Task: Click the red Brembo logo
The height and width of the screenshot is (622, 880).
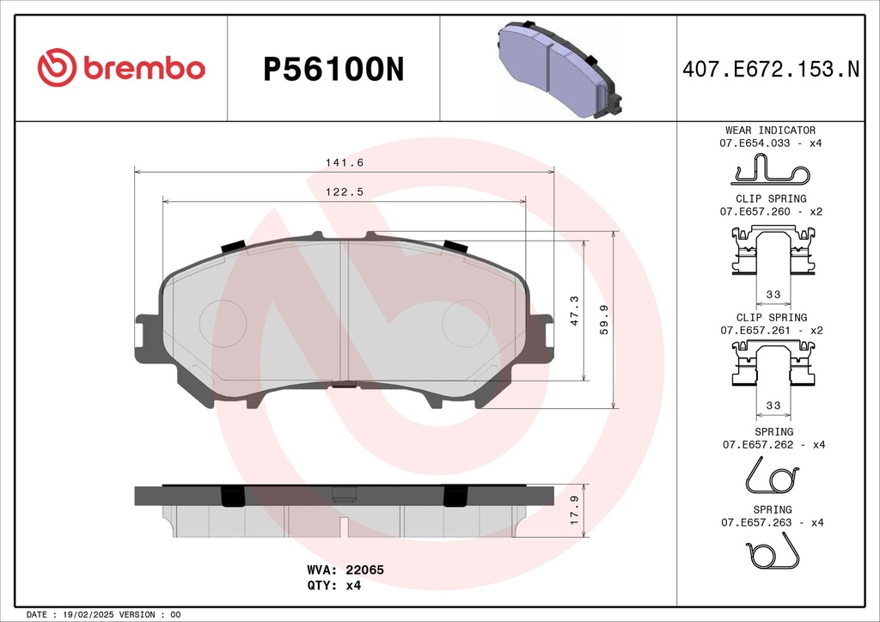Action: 121,67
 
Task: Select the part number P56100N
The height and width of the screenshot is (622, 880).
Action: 333,70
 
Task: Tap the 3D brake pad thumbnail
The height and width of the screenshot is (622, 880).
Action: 559,70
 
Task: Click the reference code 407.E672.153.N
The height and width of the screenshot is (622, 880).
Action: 771,70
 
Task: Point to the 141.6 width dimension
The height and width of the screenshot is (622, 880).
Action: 345,162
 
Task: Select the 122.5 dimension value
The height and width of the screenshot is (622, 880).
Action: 345,192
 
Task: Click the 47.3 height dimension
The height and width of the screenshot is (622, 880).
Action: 574,311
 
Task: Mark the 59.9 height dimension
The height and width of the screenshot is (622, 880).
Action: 604,320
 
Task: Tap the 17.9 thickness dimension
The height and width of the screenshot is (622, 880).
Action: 574,510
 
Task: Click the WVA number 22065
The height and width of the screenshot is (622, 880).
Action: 364,570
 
